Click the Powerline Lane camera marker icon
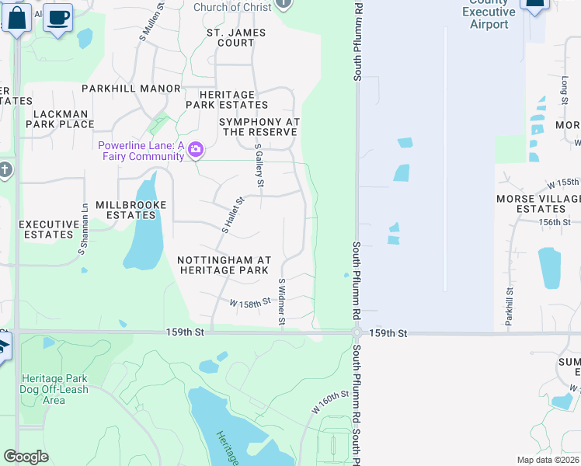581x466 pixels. tap(196, 148)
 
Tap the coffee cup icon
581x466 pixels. tap(57, 17)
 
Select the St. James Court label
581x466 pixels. tap(236, 38)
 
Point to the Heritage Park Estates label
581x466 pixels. tap(227, 99)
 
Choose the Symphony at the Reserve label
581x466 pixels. tap(259, 127)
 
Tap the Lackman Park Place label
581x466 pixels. tap(60, 119)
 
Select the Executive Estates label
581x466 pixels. tap(49, 229)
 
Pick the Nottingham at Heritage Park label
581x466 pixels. tap(224, 265)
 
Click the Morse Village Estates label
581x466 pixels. tap(538, 204)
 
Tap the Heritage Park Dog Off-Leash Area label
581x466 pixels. tap(54, 389)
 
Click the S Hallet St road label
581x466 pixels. tap(233, 215)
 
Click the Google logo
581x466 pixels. tap(26, 457)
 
